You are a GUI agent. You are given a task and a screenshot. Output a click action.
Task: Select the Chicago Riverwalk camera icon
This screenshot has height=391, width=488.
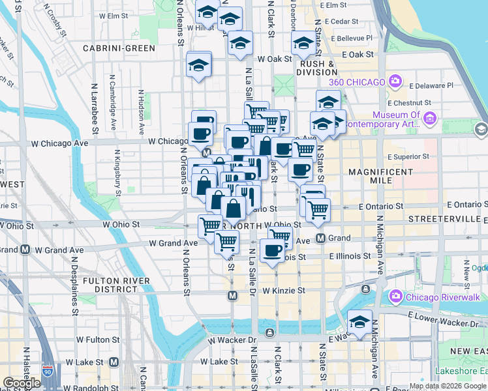(x=395, y=297)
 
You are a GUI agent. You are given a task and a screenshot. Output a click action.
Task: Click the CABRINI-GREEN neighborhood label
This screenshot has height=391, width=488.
(x=119, y=48)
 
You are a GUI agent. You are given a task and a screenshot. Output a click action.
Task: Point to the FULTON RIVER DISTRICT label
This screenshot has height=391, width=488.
(x=117, y=285)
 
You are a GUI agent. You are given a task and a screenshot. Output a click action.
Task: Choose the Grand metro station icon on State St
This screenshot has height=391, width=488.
(x=321, y=239)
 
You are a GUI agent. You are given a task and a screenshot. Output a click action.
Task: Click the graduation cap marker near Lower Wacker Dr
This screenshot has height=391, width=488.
(x=359, y=322)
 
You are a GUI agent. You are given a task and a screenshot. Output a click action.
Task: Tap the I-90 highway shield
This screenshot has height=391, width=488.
(x=47, y=371)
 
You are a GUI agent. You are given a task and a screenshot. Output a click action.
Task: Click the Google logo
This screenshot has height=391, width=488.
(x=22, y=383)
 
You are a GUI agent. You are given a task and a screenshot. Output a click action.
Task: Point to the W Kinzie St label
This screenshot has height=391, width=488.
(x=284, y=290)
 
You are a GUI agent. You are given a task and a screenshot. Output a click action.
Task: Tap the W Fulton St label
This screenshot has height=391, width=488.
(x=98, y=340)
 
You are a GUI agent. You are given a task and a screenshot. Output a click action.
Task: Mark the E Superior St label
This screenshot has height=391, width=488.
(x=408, y=156)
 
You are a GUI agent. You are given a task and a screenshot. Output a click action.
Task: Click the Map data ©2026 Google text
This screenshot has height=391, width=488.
(x=448, y=386)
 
